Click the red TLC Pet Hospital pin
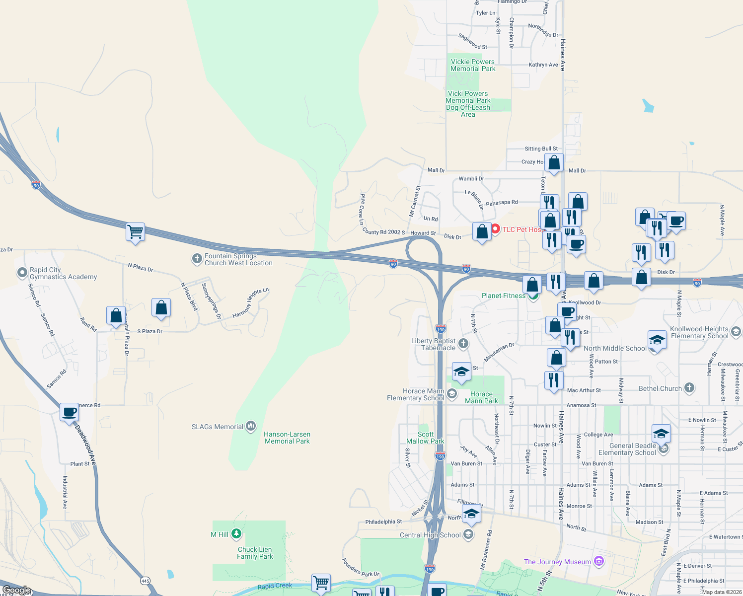pyautogui.click(x=495, y=229)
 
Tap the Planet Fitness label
pyautogui.click(x=503, y=296)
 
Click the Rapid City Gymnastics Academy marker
pyautogui.click(x=22, y=273)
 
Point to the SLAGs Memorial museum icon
pyautogui.click(x=251, y=426)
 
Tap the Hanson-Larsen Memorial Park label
pyautogui.click(x=287, y=438)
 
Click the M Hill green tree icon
pyautogui.click(x=236, y=534)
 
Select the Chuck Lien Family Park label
pyautogui.click(x=255, y=553)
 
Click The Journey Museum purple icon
pyautogui.click(x=598, y=561)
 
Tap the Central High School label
pyautogui.click(x=430, y=535)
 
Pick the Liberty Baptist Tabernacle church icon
pyautogui.click(x=463, y=343)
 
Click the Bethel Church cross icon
pyautogui.click(x=689, y=388)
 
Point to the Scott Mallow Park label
pyautogui.click(x=425, y=438)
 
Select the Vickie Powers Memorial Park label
pyautogui.click(x=472, y=65)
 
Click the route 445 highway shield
pyautogui.click(x=145, y=581)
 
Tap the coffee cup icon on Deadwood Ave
pyautogui.click(x=70, y=412)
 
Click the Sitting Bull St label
pyautogui.click(x=541, y=149)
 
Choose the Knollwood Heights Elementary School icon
pyautogui.click(x=736, y=331)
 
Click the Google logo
pyautogui.click(x=17, y=590)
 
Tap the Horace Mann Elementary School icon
pyautogui.click(x=451, y=394)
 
